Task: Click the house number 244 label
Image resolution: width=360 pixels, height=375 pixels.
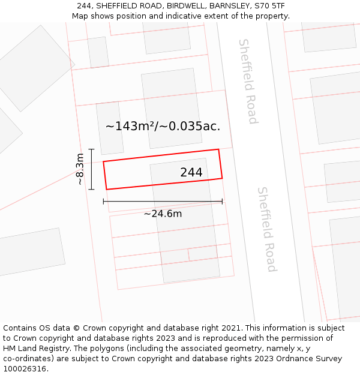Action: (x=191, y=173)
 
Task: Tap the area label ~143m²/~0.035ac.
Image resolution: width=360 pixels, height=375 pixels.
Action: (x=163, y=127)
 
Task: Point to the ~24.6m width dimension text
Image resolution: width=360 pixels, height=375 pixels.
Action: (x=163, y=214)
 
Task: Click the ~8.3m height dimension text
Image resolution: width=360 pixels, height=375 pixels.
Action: (x=80, y=169)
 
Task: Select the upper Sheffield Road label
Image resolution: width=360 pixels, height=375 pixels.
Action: (x=248, y=81)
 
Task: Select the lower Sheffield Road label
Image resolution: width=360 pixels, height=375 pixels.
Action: (x=266, y=229)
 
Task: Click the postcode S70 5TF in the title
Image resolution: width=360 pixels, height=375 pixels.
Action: (x=269, y=6)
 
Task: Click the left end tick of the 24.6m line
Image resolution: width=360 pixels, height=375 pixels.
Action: (x=104, y=202)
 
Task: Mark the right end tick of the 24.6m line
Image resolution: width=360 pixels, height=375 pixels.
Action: (x=222, y=202)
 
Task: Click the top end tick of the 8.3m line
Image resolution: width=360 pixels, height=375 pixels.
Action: (x=91, y=149)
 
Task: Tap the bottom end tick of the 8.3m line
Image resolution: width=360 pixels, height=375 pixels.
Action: (x=91, y=190)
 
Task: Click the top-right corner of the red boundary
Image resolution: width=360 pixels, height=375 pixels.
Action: (x=218, y=149)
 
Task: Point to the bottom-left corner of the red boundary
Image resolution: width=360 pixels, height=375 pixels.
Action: (x=107, y=190)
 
